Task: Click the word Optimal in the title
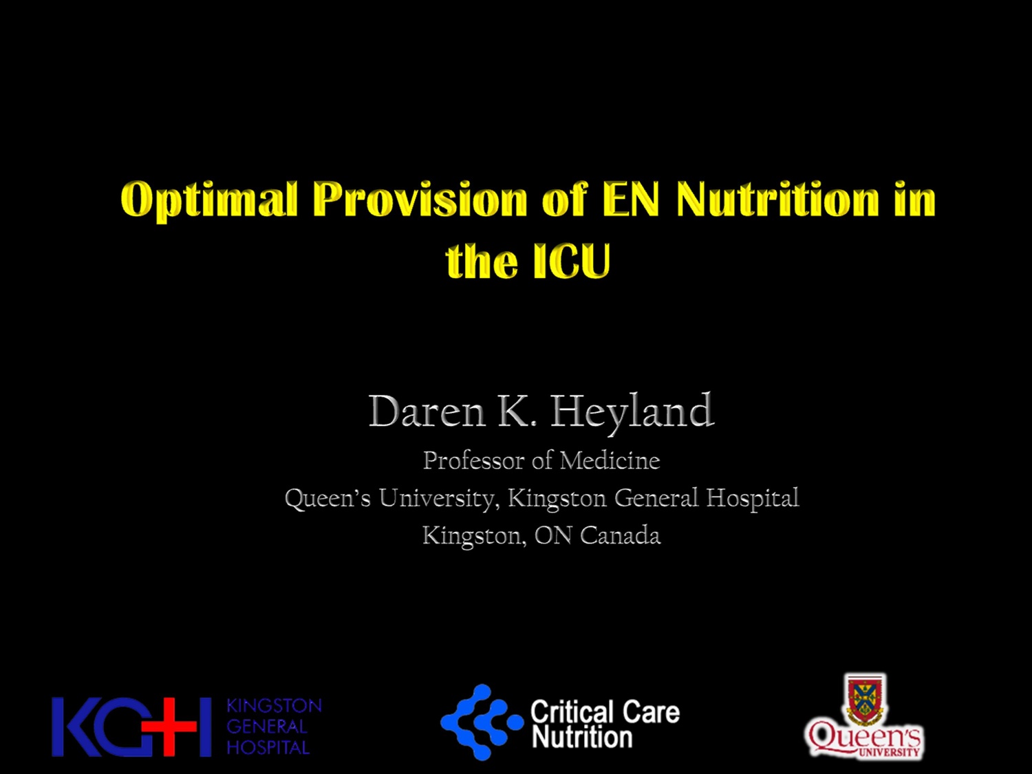209,200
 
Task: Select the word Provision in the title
420,200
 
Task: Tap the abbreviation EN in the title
630,200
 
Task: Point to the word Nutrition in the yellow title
778,200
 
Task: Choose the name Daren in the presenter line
427,411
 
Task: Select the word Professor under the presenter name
473,460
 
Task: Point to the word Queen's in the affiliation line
327,498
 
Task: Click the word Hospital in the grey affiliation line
753,498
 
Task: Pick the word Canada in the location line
620,535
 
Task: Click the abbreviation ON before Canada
552,535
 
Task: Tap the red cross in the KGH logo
169,726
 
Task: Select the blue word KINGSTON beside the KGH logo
274,706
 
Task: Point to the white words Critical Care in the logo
605,712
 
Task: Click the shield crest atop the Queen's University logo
865,698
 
